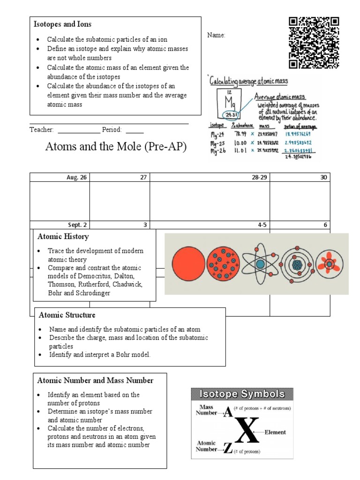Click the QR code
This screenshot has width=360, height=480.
(x=314, y=43)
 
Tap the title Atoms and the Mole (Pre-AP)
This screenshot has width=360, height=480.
(x=116, y=147)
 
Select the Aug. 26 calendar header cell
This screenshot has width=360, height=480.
(x=60, y=177)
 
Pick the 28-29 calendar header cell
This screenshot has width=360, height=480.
(x=210, y=177)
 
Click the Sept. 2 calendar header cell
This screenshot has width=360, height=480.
(x=60, y=225)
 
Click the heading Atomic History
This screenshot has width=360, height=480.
(x=63, y=237)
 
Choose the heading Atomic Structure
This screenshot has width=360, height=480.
(x=67, y=315)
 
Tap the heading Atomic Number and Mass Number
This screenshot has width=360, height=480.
(x=95, y=380)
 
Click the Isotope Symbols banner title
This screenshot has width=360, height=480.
(x=242, y=394)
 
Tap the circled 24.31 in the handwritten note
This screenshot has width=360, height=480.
(x=229, y=115)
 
